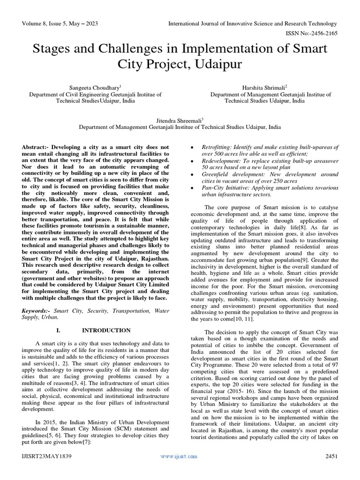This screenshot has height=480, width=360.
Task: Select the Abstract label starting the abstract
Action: (36, 147)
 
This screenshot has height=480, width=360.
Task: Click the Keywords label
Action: (37, 310)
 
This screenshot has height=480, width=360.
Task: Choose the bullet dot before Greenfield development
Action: (193, 174)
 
